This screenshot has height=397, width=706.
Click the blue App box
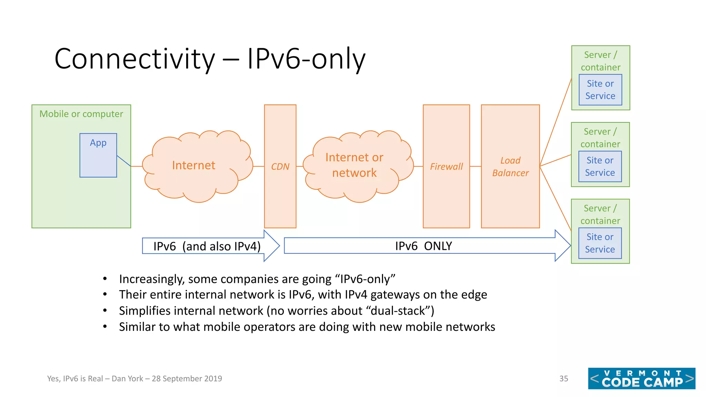pyautogui.click(x=98, y=155)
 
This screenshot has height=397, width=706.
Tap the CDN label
pyautogui.click(x=280, y=167)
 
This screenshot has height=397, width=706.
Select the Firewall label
pyautogui.click(x=446, y=167)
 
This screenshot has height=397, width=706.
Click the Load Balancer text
pyautogui.click(x=510, y=167)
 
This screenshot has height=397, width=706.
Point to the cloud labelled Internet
pyautogui.click(x=194, y=165)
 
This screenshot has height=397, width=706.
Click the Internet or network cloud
pyautogui.click(x=354, y=165)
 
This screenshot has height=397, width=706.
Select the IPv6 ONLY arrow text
pyautogui.click(x=423, y=246)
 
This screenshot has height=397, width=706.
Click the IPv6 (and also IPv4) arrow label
pyautogui.click(x=207, y=246)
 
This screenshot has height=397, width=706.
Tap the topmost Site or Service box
pyautogui.click(x=600, y=90)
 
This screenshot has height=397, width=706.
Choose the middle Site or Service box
pyautogui.click(x=600, y=166)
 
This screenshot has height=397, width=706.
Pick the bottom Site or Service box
pyautogui.click(x=600, y=243)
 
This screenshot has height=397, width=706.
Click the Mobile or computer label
pyautogui.click(x=81, y=114)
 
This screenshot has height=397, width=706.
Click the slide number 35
pyautogui.click(x=564, y=379)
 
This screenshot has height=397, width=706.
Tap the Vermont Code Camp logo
pyautogui.click(x=642, y=378)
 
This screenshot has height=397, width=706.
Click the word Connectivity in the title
pyautogui.click(x=134, y=59)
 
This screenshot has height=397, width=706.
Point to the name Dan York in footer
pyautogui.click(x=127, y=379)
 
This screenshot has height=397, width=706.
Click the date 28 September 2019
pyautogui.click(x=187, y=379)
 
